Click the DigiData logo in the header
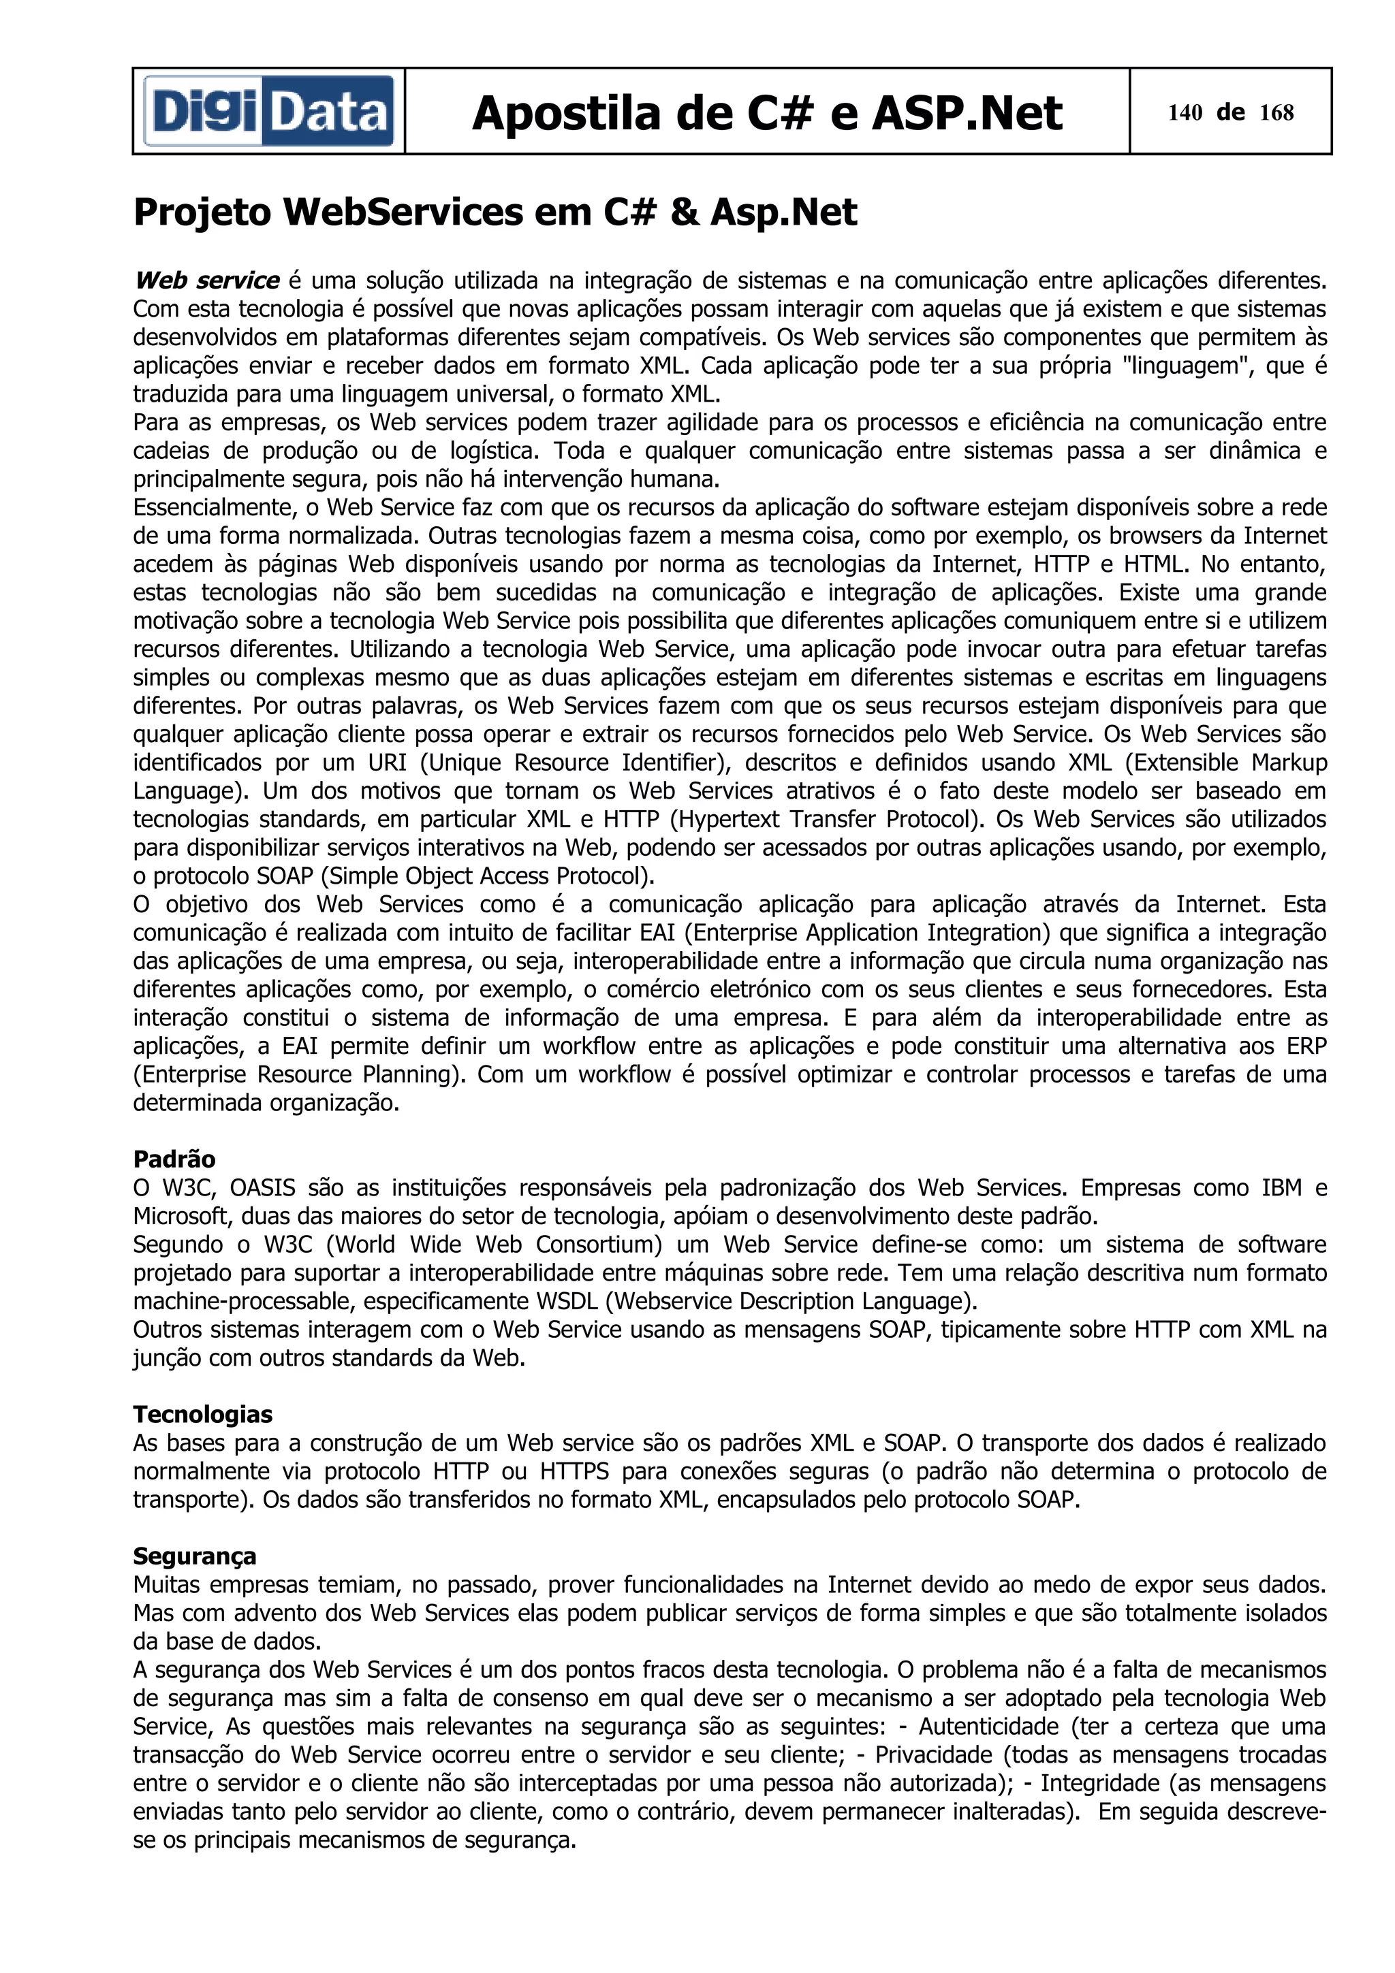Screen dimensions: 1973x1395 [268, 112]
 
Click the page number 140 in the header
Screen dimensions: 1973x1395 [1185, 112]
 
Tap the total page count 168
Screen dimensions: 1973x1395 [1276, 112]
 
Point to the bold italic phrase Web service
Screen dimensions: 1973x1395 [207, 280]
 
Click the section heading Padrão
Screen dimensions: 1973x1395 [174, 1159]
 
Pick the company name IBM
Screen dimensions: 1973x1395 [1281, 1187]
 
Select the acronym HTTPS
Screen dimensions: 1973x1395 [574, 1471]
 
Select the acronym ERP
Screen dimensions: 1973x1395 [1306, 1046]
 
